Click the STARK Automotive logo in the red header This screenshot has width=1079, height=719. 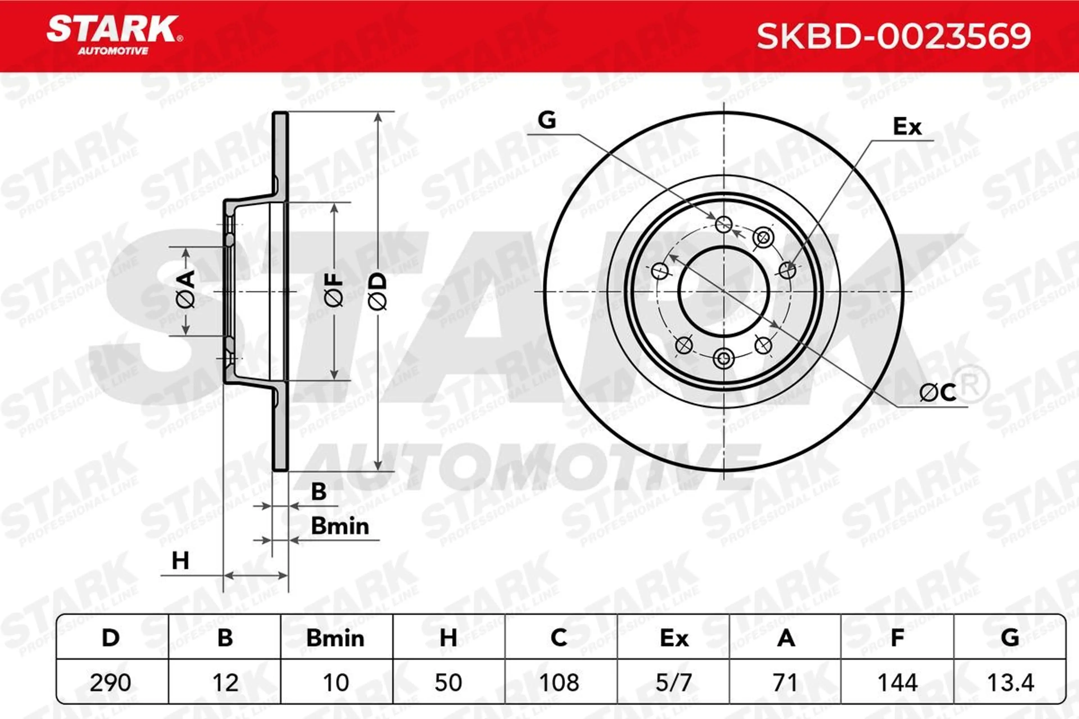[115, 35]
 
